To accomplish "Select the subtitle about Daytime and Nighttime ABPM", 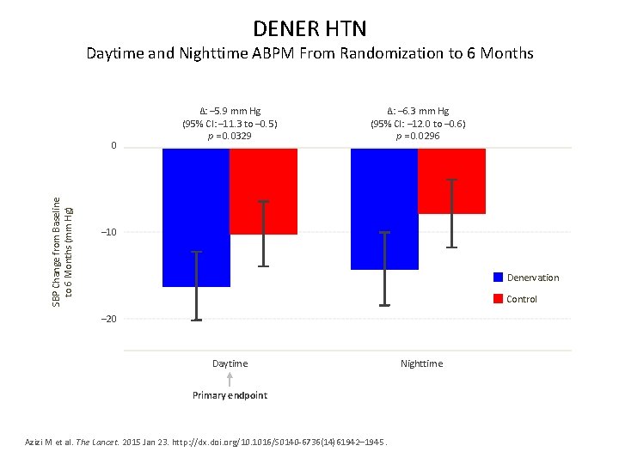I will [309, 53].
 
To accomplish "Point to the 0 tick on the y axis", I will [113, 147].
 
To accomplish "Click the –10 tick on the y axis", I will [108, 233].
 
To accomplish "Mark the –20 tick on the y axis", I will [108, 319].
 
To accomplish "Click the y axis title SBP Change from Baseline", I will [62, 249].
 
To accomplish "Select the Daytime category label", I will [230, 363].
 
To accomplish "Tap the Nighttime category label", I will [421, 363].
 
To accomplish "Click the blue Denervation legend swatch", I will [498, 278].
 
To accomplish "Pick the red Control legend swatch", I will [498, 299].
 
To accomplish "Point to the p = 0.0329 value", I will [230, 136].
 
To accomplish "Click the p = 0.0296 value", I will [418, 136].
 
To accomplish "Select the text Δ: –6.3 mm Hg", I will [418, 111].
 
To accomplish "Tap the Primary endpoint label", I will [230, 395].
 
